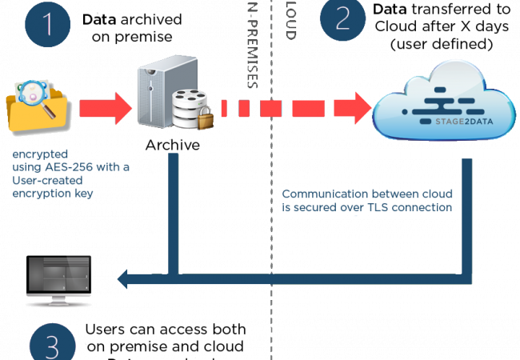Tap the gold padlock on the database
(206, 118)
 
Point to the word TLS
(394, 208)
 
